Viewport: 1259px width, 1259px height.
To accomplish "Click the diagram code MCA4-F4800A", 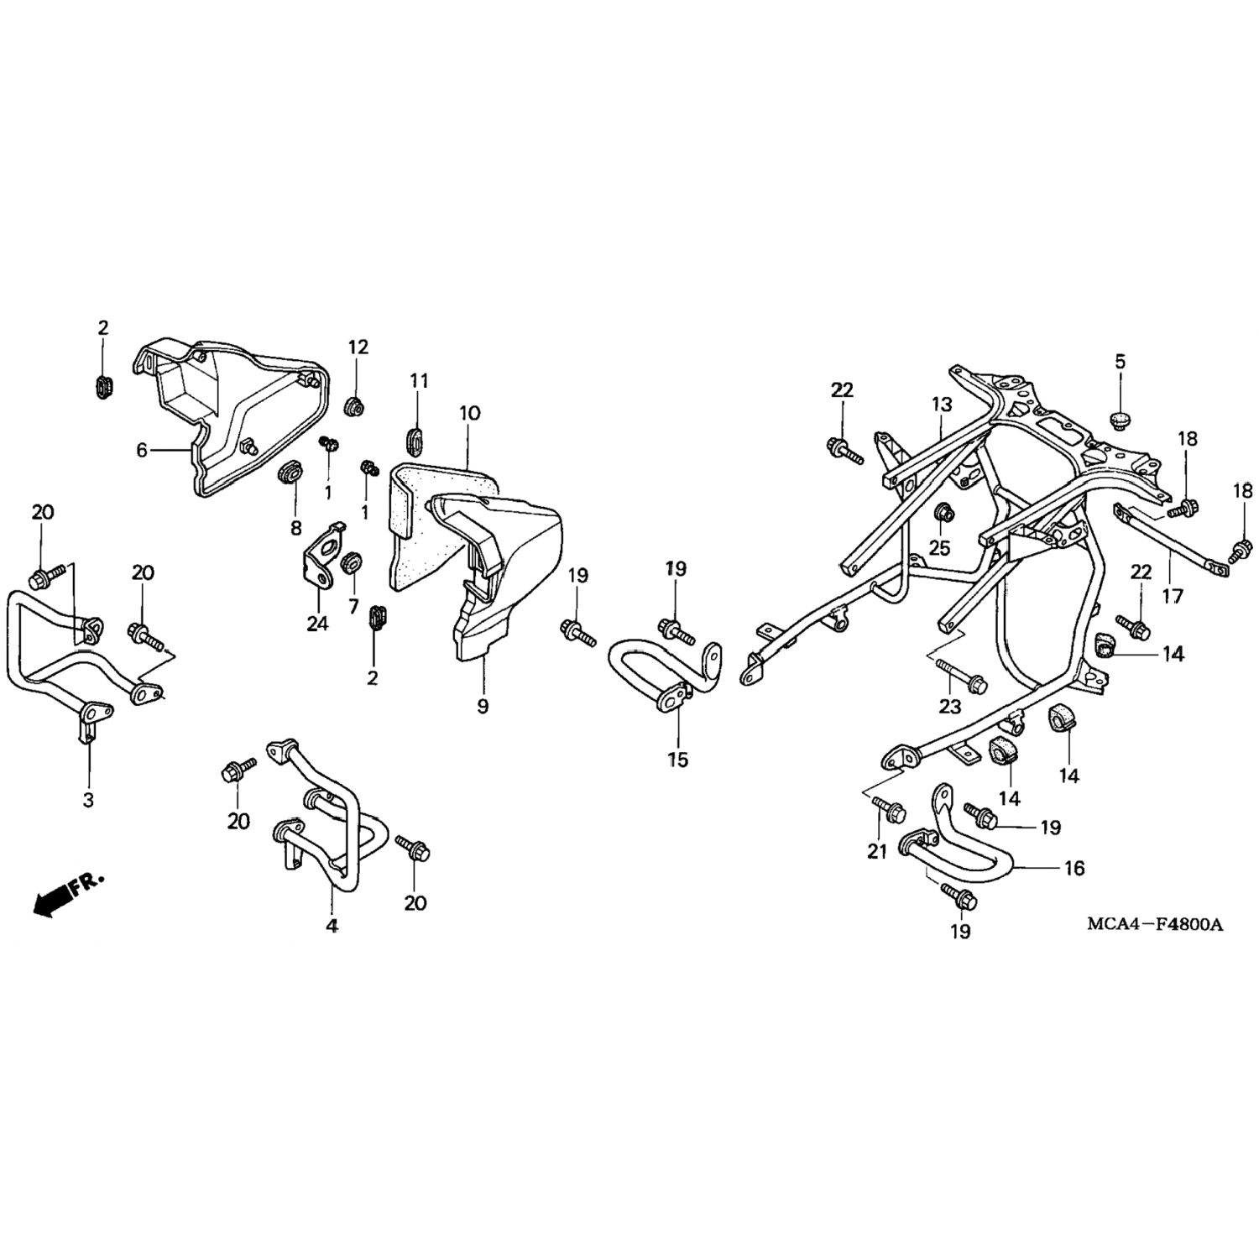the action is pos(1155,925).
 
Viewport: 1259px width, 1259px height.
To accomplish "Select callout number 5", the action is pos(1121,362).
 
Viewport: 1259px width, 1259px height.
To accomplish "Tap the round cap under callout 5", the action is pos(1120,418).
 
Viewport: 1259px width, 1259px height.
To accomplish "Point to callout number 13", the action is pos(941,405).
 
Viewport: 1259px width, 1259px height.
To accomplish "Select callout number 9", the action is pos(483,707).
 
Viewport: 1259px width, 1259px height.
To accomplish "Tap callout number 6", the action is pos(142,451).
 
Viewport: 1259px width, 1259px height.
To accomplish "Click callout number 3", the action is pos(88,800).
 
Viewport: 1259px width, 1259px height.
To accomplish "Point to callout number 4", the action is pos(332,926).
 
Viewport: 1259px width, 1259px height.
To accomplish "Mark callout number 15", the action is pos(677,760).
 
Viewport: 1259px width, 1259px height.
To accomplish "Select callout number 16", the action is pos(1074,868).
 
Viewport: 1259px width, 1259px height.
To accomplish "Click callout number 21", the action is pos(877,851).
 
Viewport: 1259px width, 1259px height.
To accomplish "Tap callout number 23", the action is pos(949,707).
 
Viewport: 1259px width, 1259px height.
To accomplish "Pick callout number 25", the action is pos(939,548).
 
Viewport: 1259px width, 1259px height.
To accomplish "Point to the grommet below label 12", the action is pos(355,407).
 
